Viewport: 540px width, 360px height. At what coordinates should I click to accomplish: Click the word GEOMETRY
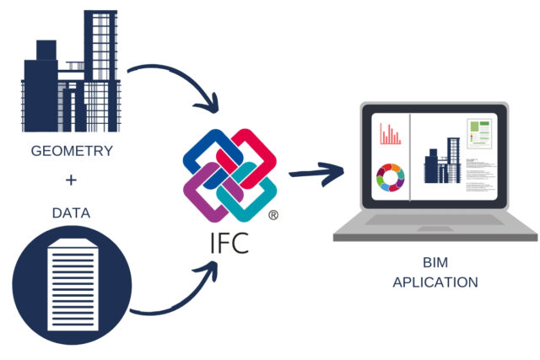(x=71, y=152)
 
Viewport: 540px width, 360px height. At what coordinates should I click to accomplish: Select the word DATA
(x=71, y=212)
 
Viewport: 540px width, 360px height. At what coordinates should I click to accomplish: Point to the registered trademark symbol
(x=273, y=216)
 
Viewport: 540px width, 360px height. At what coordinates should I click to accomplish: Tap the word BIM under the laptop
(x=435, y=262)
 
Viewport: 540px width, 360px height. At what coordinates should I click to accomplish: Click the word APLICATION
(x=435, y=282)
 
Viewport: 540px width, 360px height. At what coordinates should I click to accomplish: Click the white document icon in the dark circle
(x=72, y=282)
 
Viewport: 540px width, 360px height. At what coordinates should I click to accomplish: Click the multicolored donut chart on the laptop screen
(x=390, y=177)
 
